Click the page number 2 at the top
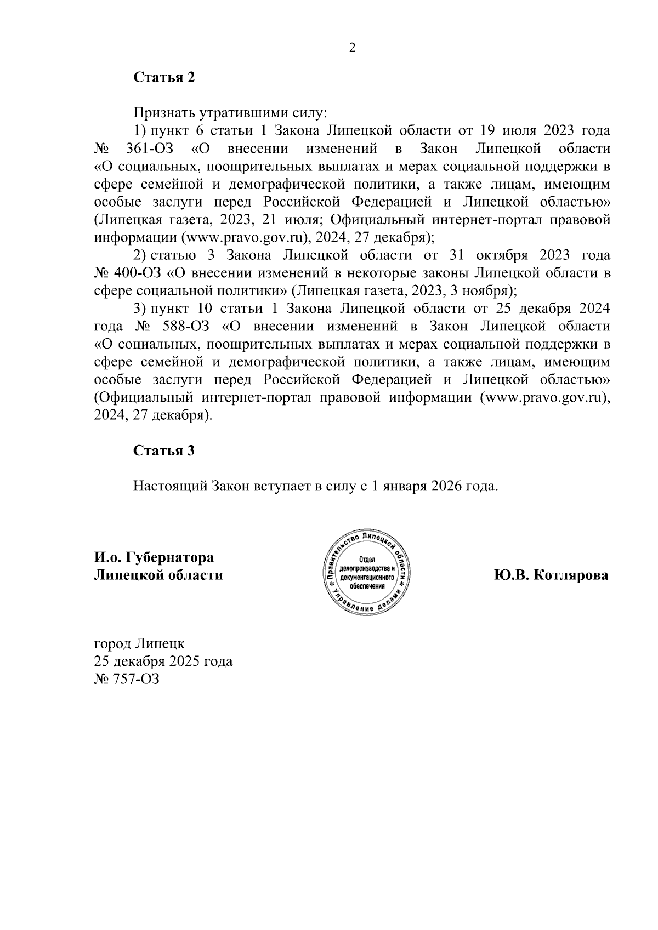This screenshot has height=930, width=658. (x=353, y=48)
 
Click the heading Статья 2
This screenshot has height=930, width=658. (x=164, y=77)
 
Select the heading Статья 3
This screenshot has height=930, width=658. (x=164, y=451)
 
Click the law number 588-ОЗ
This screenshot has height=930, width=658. (x=187, y=327)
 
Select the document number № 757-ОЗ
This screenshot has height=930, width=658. (x=127, y=679)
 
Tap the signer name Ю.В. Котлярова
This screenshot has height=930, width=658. (x=551, y=575)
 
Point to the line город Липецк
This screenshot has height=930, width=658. (x=140, y=643)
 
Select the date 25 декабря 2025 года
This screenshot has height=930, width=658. (x=163, y=661)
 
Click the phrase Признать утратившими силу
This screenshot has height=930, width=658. (x=230, y=113)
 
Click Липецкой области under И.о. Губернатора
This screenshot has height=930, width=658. (x=158, y=575)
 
